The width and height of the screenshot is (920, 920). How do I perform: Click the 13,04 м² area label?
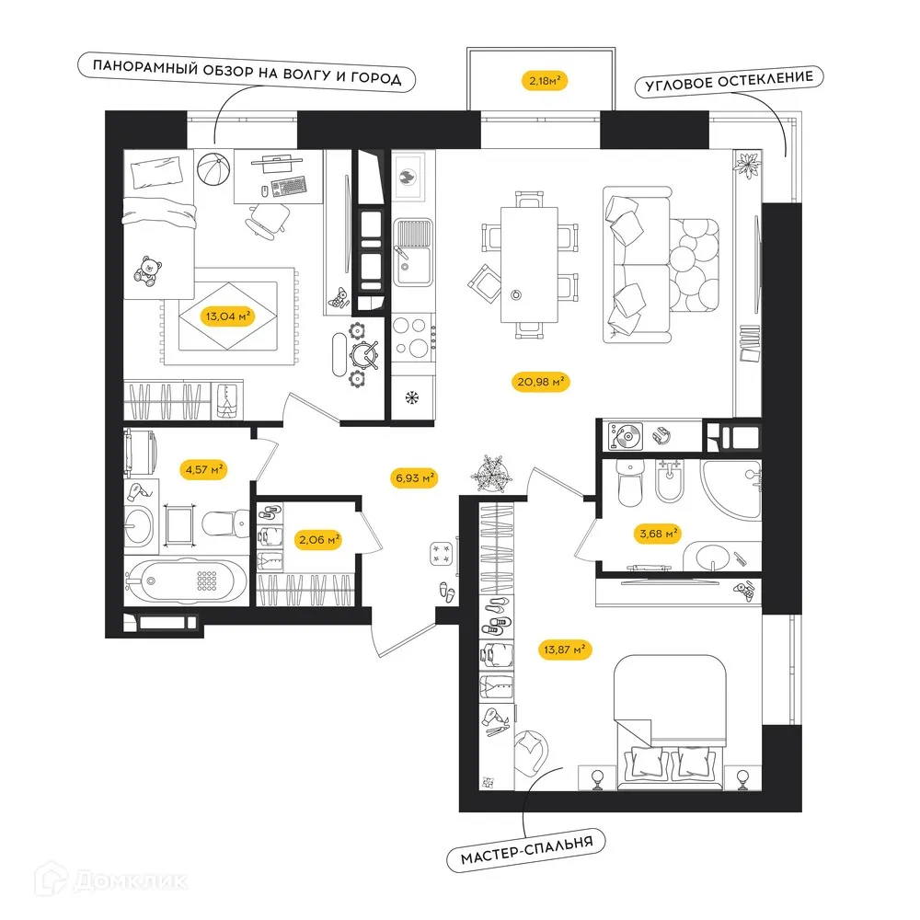(x=228, y=316)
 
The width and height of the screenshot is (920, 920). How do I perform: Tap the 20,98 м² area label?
(x=540, y=382)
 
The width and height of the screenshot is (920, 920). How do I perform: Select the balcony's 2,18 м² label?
(x=545, y=80)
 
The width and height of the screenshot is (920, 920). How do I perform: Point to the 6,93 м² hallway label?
(x=415, y=478)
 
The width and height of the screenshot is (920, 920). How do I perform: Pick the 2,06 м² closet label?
(x=319, y=540)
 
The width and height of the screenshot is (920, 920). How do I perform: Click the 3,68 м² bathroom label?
(x=659, y=534)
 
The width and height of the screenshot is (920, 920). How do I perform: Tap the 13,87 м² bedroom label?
(x=564, y=650)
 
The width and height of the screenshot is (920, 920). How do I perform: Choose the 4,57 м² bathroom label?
(x=204, y=470)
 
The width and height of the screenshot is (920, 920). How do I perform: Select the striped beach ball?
(x=213, y=169)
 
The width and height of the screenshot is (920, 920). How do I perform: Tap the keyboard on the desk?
(x=289, y=186)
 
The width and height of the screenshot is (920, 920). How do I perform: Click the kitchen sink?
(x=412, y=252)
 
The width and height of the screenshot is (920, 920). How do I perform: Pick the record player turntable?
(x=625, y=436)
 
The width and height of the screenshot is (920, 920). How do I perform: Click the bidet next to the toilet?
(x=669, y=480)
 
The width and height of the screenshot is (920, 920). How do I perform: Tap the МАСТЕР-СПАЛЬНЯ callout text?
(x=526, y=850)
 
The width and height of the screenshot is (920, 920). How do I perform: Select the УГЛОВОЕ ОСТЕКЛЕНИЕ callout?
(x=730, y=81)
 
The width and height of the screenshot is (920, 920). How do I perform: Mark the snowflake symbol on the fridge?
(x=412, y=398)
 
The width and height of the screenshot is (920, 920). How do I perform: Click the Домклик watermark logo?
(x=111, y=880)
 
